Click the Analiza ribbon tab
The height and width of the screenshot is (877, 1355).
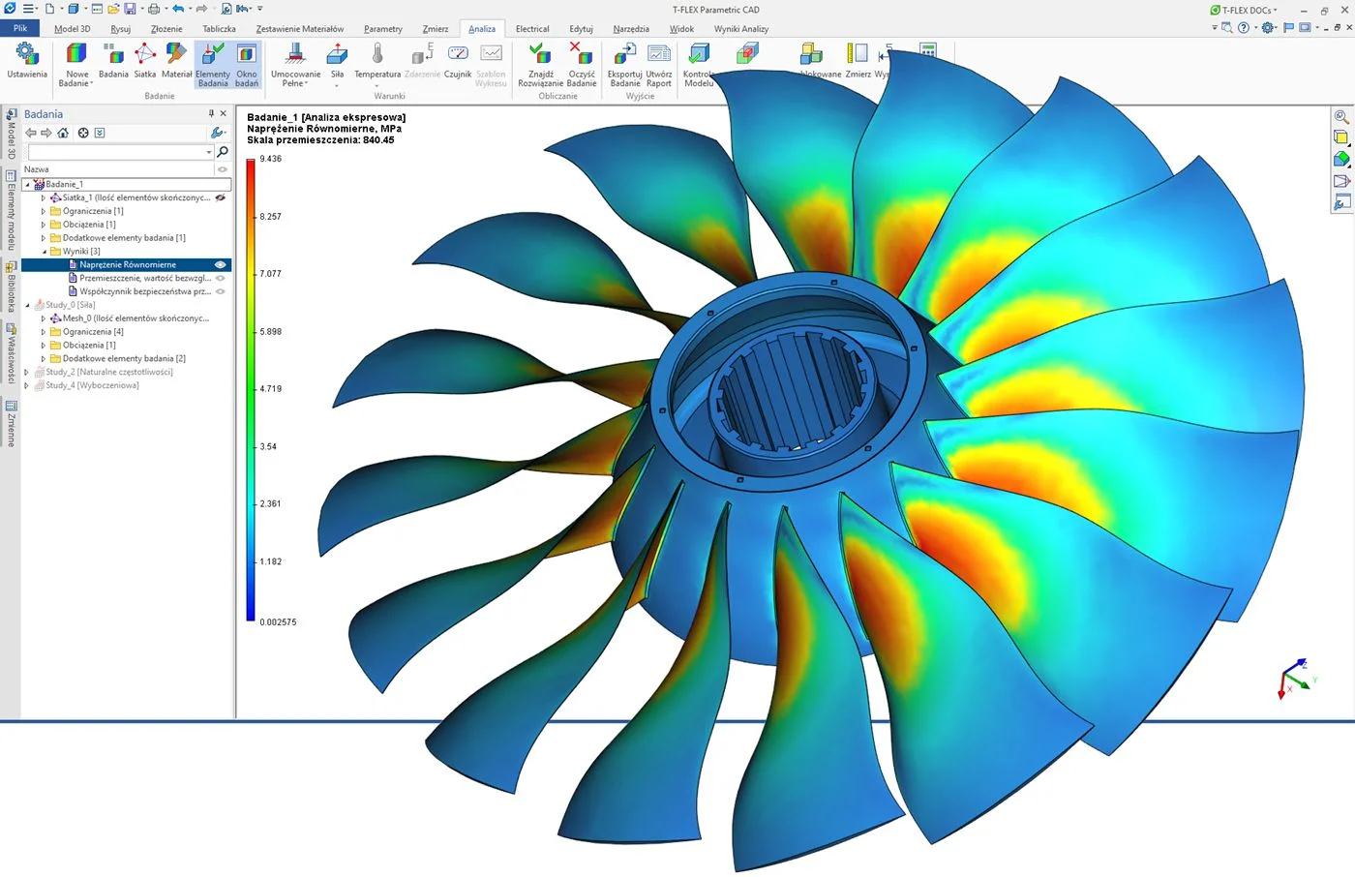(x=481, y=29)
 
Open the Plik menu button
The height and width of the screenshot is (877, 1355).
(x=20, y=29)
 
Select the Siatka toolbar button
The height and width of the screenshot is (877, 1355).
(x=145, y=62)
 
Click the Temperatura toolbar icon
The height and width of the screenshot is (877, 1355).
(x=377, y=62)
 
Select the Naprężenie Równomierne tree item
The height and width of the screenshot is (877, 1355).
(x=128, y=264)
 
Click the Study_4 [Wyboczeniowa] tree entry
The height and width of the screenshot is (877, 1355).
(x=92, y=385)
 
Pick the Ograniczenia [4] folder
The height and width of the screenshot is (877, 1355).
(x=93, y=332)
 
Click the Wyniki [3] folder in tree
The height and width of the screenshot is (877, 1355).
(x=81, y=252)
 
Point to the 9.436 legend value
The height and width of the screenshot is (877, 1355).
(x=271, y=159)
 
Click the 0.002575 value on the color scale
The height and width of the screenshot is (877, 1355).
(x=278, y=622)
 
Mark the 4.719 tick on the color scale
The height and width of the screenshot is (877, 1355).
(x=270, y=389)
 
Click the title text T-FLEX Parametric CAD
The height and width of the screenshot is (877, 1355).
(x=715, y=10)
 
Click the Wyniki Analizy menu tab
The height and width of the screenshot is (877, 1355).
(x=740, y=29)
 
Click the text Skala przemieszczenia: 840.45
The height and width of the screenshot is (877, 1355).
(x=320, y=140)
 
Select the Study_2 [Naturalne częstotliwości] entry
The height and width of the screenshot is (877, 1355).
(x=108, y=372)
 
